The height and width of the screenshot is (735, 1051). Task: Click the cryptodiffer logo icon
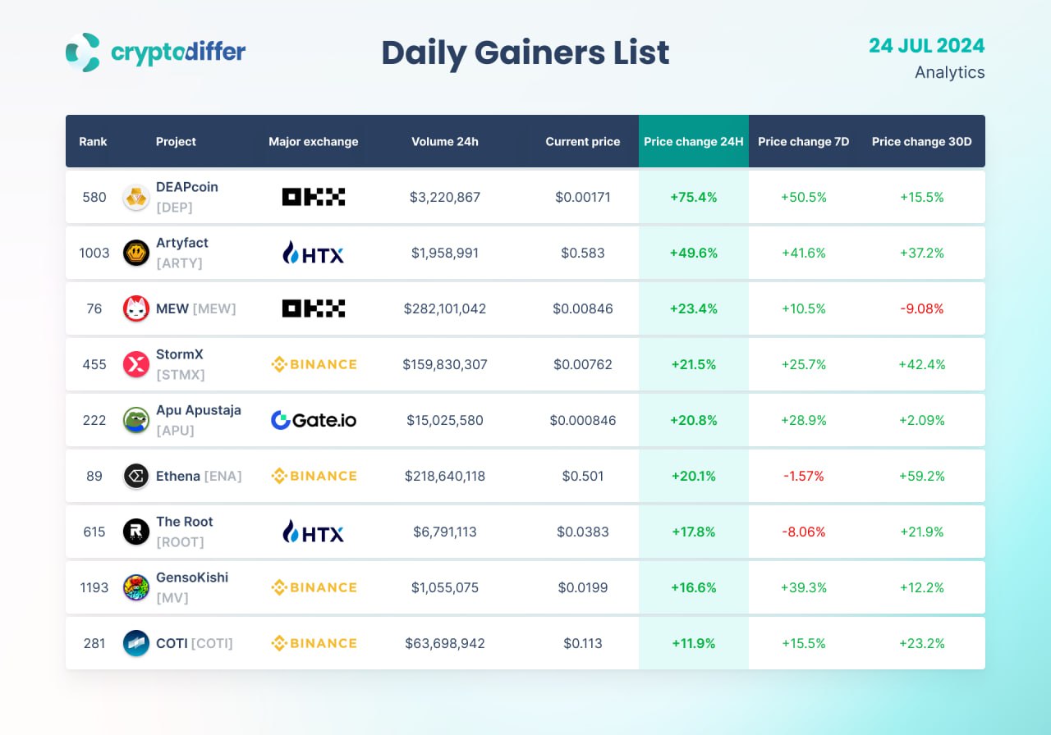(83, 52)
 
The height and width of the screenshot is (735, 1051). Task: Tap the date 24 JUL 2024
(926, 46)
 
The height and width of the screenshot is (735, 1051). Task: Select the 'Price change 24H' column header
(693, 141)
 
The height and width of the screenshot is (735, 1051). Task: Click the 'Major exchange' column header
(313, 141)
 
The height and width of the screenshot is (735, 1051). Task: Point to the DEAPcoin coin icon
(135, 197)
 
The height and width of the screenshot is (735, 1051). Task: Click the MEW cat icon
(135, 308)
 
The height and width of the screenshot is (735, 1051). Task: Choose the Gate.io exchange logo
(314, 420)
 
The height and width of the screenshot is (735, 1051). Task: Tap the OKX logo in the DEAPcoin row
(314, 197)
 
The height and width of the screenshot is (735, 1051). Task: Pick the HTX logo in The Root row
(314, 532)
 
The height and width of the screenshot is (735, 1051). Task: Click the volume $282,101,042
(444, 308)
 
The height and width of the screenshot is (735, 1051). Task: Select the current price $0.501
(583, 476)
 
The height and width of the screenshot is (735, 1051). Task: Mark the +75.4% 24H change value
(693, 197)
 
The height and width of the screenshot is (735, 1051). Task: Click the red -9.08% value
(921, 308)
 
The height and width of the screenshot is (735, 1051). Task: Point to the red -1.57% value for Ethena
(803, 476)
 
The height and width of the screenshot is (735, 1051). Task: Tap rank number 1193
(94, 587)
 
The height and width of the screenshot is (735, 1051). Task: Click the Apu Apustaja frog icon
(135, 420)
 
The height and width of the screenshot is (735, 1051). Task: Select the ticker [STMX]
(180, 375)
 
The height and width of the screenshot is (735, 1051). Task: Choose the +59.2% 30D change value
(921, 476)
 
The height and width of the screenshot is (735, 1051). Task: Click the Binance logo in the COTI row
(314, 643)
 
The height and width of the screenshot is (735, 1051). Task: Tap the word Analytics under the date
(949, 72)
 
